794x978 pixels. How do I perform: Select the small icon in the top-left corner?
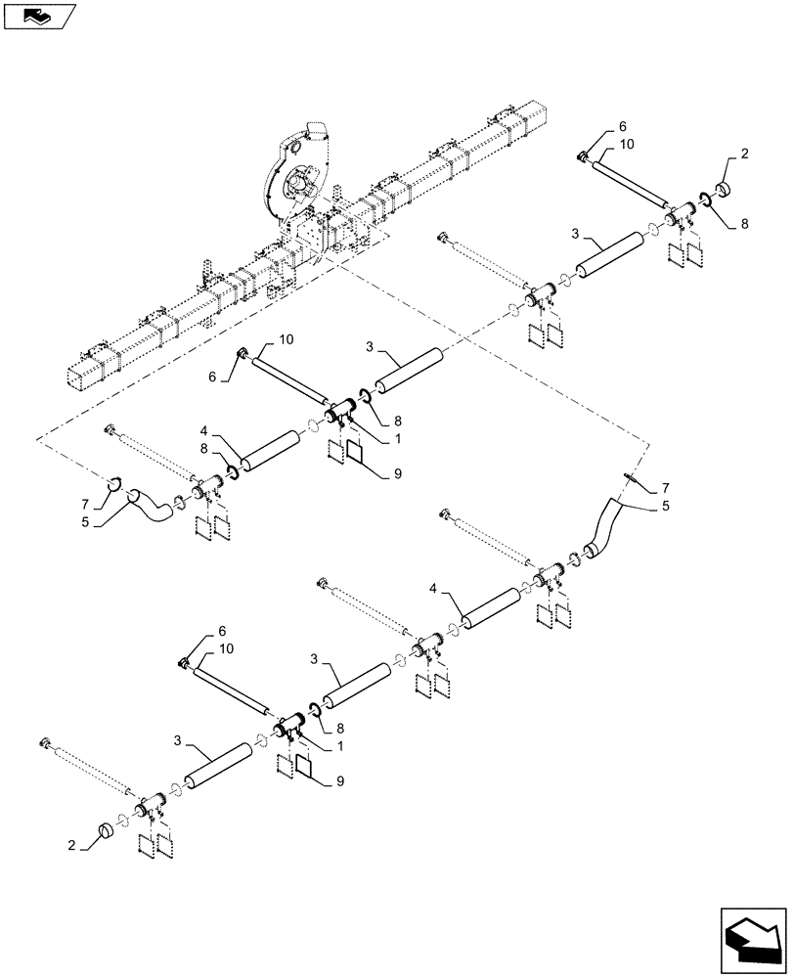tap(37, 16)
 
